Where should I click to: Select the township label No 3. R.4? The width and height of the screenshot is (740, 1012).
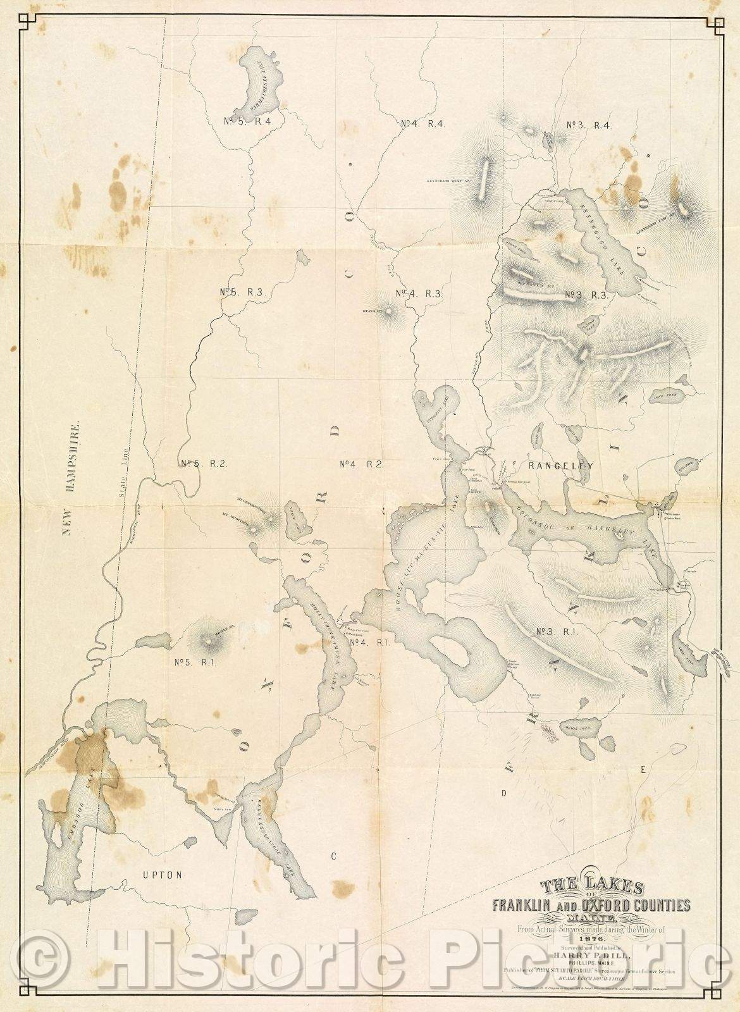(589, 125)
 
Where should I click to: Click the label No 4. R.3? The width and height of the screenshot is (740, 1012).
(418, 293)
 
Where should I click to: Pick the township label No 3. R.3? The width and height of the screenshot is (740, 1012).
(586, 294)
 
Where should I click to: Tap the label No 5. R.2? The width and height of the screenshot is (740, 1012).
(202, 463)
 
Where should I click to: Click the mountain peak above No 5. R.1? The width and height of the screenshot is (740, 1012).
(209, 641)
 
